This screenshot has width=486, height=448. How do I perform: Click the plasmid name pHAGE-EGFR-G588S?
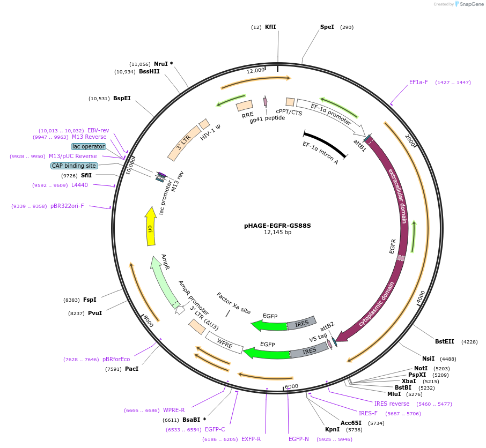tap(277, 226)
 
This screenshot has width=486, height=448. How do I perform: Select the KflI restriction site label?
tap(270, 27)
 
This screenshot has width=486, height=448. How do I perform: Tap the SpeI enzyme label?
tap(327, 27)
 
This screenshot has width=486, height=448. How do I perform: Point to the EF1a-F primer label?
tap(418, 83)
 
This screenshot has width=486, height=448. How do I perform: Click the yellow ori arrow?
tap(151, 227)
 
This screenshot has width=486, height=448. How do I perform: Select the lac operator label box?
tap(89, 146)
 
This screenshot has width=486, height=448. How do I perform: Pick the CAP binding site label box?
tap(74, 166)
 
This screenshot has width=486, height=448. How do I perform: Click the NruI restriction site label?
tap(160, 64)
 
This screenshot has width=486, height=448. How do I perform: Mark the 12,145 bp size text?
tap(277, 233)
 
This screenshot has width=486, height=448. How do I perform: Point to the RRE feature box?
tap(245, 106)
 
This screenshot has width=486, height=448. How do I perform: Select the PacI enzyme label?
tap(131, 369)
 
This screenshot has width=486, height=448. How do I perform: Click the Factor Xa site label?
tap(234, 303)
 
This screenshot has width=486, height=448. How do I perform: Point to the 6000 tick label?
tap(291, 386)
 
